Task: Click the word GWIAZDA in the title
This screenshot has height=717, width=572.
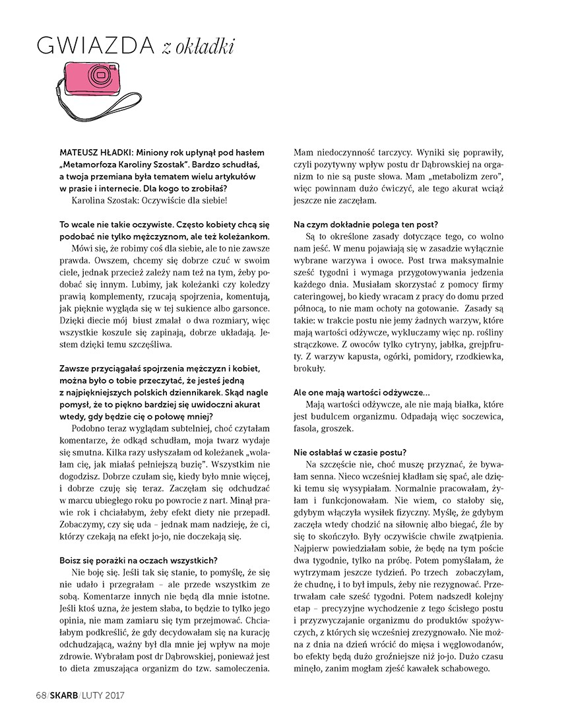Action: pos(96,47)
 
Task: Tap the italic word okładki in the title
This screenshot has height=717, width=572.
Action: pos(205,47)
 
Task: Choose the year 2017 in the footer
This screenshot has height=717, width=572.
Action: pos(112,695)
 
